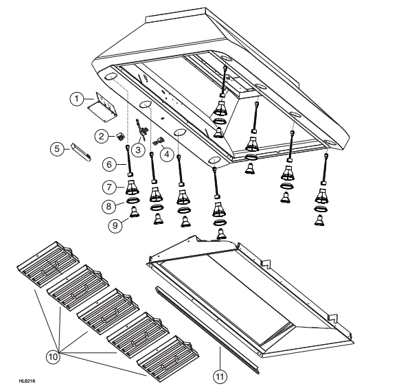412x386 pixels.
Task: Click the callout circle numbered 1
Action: (x=78, y=99)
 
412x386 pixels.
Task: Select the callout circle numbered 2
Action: (x=101, y=136)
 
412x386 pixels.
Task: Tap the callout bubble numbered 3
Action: (x=138, y=149)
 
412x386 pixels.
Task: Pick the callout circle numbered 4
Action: (x=166, y=155)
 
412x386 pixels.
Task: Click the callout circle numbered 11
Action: (x=220, y=376)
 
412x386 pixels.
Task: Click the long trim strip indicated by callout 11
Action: (x=206, y=330)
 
